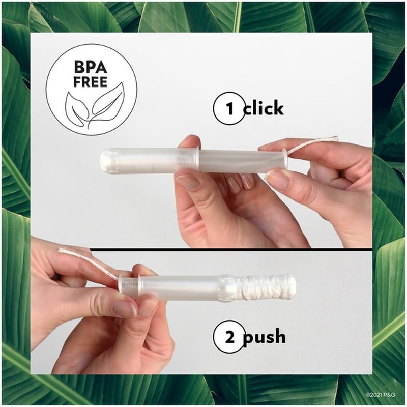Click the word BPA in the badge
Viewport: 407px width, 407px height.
coord(90,67)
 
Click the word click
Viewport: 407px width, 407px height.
coord(263,109)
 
